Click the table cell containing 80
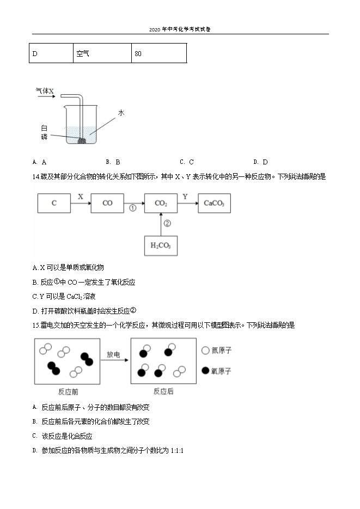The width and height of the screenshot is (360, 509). (x=159, y=53)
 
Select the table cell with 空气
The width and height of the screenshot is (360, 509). (x=102, y=53)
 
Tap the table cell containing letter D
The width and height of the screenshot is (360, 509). (x=51, y=53)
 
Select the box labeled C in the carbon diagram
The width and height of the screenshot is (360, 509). (x=54, y=203)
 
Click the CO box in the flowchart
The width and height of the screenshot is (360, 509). (x=107, y=203)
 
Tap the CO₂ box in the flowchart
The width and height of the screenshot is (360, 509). (x=161, y=203)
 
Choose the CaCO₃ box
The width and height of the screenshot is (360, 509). (x=214, y=203)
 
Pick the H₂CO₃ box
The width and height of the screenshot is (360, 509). (x=161, y=246)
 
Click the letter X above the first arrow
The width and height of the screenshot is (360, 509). (x=81, y=196)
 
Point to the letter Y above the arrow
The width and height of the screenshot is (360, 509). (x=185, y=196)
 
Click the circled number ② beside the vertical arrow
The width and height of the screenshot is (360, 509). (x=167, y=223)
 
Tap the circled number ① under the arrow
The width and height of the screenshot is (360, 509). (x=132, y=208)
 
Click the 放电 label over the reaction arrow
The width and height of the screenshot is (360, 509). (x=114, y=354)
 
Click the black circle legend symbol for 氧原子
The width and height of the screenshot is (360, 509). (x=206, y=371)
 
